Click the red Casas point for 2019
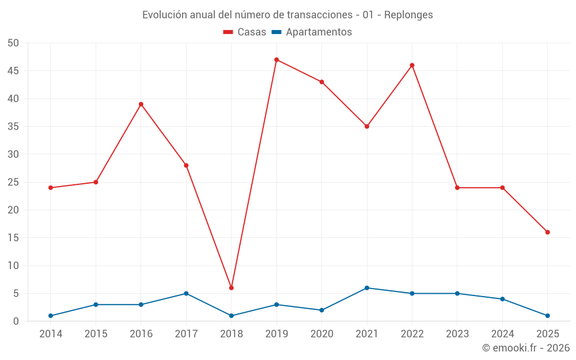pyautogui.click(x=276, y=59)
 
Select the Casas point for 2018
pyautogui.click(x=232, y=287)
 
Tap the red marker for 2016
pyautogui.click(x=141, y=104)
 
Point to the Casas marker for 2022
pyautogui.click(x=412, y=65)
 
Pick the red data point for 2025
pyautogui.click(x=548, y=232)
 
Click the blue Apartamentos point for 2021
pyautogui.click(x=367, y=288)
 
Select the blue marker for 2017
pyautogui.click(x=186, y=293)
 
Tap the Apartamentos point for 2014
pyautogui.click(x=51, y=316)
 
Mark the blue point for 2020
pyautogui.click(x=322, y=310)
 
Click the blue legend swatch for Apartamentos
pyautogui.click(x=276, y=32)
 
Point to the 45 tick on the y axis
pyautogui.click(x=13, y=71)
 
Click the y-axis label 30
pyautogui.click(x=13, y=154)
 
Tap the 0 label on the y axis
pyautogui.click(x=16, y=321)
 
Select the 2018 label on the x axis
pyautogui.click(x=232, y=334)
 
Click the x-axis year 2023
pyautogui.click(x=457, y=334)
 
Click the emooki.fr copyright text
pyautogui.click(x=526, y=348)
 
